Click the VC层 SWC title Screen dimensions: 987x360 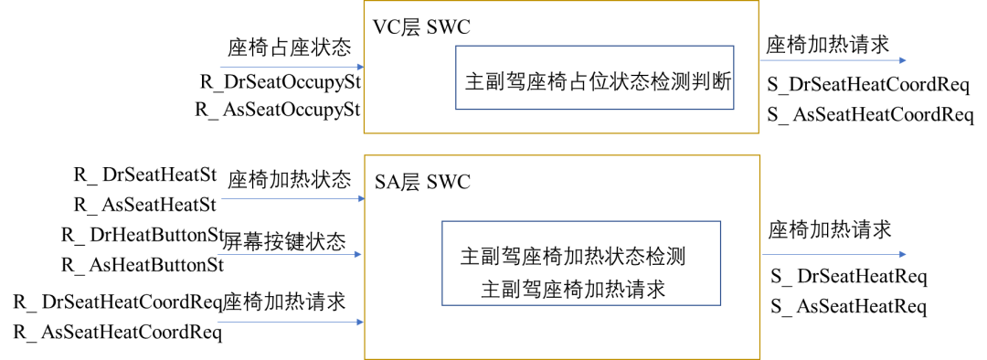(x=421, y=26)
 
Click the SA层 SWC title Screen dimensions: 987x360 (x=422, y=181)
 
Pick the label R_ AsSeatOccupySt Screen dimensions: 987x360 (x=279, y=110)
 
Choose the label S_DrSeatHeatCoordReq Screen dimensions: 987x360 (x=867, y=85)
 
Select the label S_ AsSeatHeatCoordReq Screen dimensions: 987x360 (x=870, y=114)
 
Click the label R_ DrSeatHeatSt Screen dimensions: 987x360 (x=145, y=174)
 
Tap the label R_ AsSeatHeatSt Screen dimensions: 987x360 (x=145, y=203)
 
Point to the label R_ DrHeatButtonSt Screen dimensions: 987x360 (x=143, y=235)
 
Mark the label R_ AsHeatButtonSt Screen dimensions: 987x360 (x=143, y=265)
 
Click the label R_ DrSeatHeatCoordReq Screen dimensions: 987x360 (x=119, y=301)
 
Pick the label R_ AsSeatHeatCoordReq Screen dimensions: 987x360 (x=118, y=333)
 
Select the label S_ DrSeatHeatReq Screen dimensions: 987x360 (x=849, y=276)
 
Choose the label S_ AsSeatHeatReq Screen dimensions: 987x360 (x=849, y=306)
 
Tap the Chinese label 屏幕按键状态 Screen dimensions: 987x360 (x=285, y=242)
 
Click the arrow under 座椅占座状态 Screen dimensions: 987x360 (x=292, y=67)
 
